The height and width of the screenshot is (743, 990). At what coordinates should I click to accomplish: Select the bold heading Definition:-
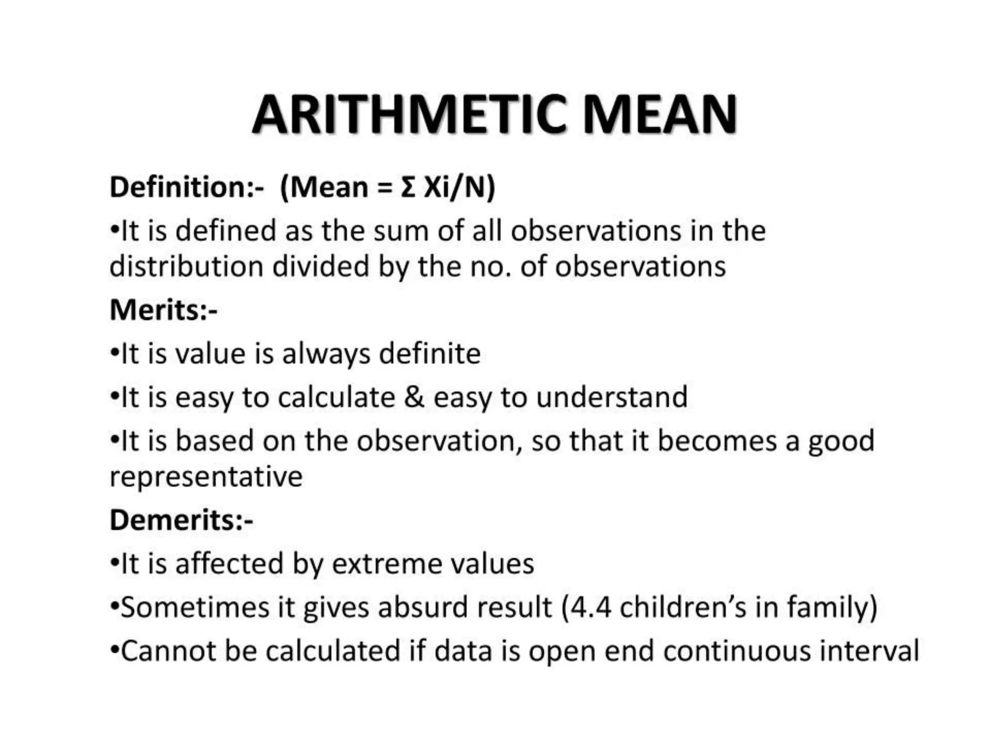click(x=187, y=187)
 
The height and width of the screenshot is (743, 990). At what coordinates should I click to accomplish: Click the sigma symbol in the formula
click(x=408, y=188)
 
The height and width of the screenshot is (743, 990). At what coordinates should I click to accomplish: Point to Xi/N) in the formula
click(x=459, y=188)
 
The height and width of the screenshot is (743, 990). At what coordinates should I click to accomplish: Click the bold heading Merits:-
click(x=163, y=310)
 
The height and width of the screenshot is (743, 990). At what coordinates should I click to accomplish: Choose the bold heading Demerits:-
click(x=181, y=520)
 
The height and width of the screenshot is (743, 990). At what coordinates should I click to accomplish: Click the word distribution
click(x=186, y=267)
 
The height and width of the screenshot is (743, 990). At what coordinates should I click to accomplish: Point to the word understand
click(x=612, y=397)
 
